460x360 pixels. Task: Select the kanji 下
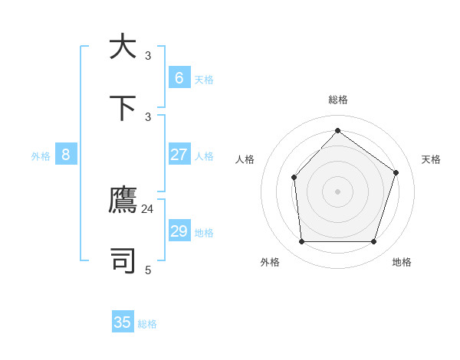[123, 108]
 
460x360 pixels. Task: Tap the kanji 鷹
[123, 201]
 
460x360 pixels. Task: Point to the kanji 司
[123, 260]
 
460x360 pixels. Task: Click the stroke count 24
[148, 208]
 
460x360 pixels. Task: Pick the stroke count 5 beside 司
[148, 270]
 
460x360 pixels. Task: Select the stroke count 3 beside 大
[148, 56]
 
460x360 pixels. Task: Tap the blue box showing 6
[179, 77]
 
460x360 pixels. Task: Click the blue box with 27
[179, 155]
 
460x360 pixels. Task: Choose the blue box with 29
[179, 231]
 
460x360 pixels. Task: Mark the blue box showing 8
[66, 155]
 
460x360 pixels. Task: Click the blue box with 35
[123, 322]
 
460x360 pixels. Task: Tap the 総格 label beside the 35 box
[147, 324]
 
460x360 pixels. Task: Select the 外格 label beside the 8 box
[41, 156]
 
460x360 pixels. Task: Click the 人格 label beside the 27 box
[204, 156]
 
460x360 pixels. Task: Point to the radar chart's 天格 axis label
[432, 159]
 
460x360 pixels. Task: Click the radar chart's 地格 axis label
[402, 262]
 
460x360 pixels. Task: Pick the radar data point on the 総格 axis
[337, 130]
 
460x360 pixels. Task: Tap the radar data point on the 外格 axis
[301, 242]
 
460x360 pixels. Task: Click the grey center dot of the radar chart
[337, 191]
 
